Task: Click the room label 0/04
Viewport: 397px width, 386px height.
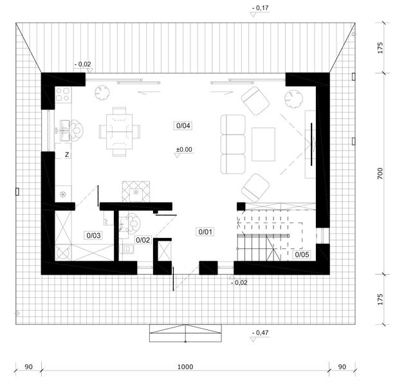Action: click(x=183, y=125)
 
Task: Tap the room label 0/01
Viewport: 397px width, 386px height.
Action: click(x=205, y=232)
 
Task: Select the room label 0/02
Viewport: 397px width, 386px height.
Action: click(x=143, y=240)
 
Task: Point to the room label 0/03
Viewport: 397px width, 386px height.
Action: click(x=94, y=235)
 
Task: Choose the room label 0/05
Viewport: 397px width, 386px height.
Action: click(x=302, y=254)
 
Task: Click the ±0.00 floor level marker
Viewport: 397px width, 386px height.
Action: click(x=184, y=150)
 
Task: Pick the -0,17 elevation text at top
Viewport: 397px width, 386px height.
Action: click(x=261, y=8)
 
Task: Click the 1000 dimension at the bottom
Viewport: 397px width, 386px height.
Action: click(x=185, y=367)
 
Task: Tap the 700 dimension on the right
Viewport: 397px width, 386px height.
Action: click(x=380, y=174)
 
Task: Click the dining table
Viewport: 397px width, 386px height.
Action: click(x=120, y=132)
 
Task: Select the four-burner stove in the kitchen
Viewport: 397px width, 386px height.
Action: click(x=62, y=94)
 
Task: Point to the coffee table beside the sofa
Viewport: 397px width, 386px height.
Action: click(x=263, y=144)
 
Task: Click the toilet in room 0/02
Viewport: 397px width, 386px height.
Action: click(x=128, y=249)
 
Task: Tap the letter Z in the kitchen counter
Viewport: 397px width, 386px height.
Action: click(x=67, y=154)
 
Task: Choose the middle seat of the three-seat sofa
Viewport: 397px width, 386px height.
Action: click(x=233, y=144)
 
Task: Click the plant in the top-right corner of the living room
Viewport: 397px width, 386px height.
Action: click(x=293, y=99)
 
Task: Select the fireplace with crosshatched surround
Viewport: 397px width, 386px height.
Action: click(x=136, y=192)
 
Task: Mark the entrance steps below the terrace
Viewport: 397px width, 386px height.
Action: click(x=185, y=333)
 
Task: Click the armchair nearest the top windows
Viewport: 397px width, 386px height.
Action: click(x=255, y=100)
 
